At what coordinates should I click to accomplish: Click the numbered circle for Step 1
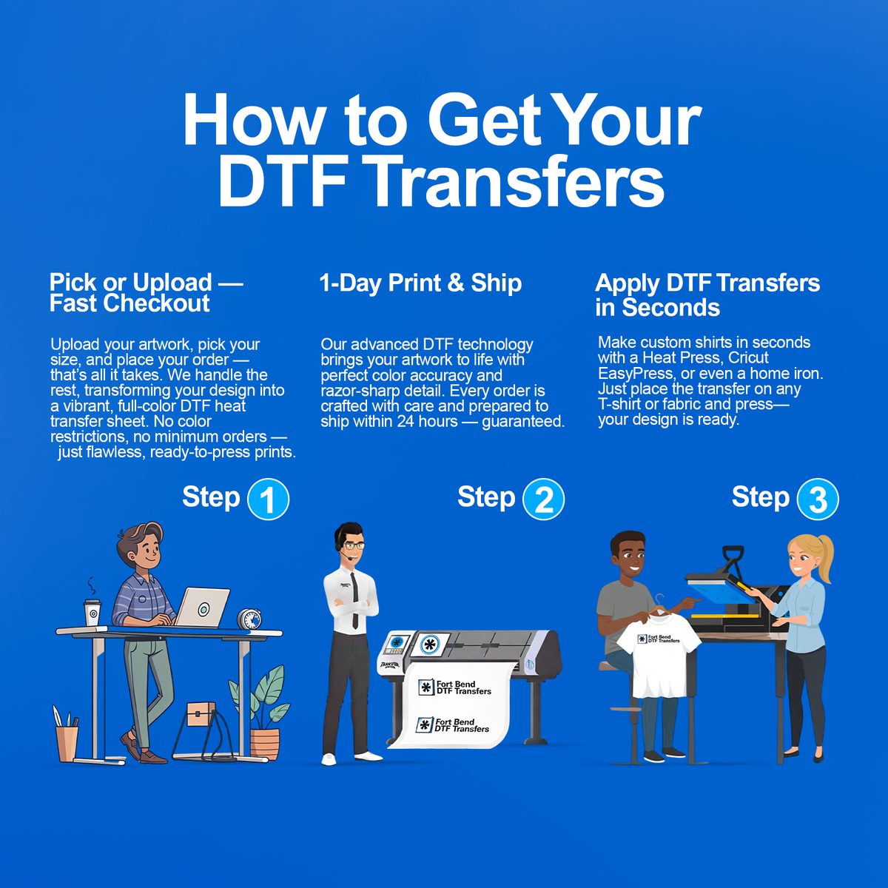click(268, 499)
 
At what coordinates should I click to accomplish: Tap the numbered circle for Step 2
click(543, 499)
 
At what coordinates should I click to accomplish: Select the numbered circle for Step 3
click(818, 499)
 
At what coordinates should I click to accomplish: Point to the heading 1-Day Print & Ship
click(420, 283)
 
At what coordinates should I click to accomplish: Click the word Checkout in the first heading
click(156, 303)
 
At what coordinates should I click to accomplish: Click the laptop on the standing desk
click(202, 607)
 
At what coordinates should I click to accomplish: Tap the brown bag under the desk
click(201, 714)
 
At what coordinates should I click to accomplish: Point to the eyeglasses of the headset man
click(354, 545)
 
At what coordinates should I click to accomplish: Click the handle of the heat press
click(733, 559)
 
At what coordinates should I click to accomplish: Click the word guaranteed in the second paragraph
click(523, 422)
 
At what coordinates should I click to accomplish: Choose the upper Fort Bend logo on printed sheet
click(454, 687)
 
